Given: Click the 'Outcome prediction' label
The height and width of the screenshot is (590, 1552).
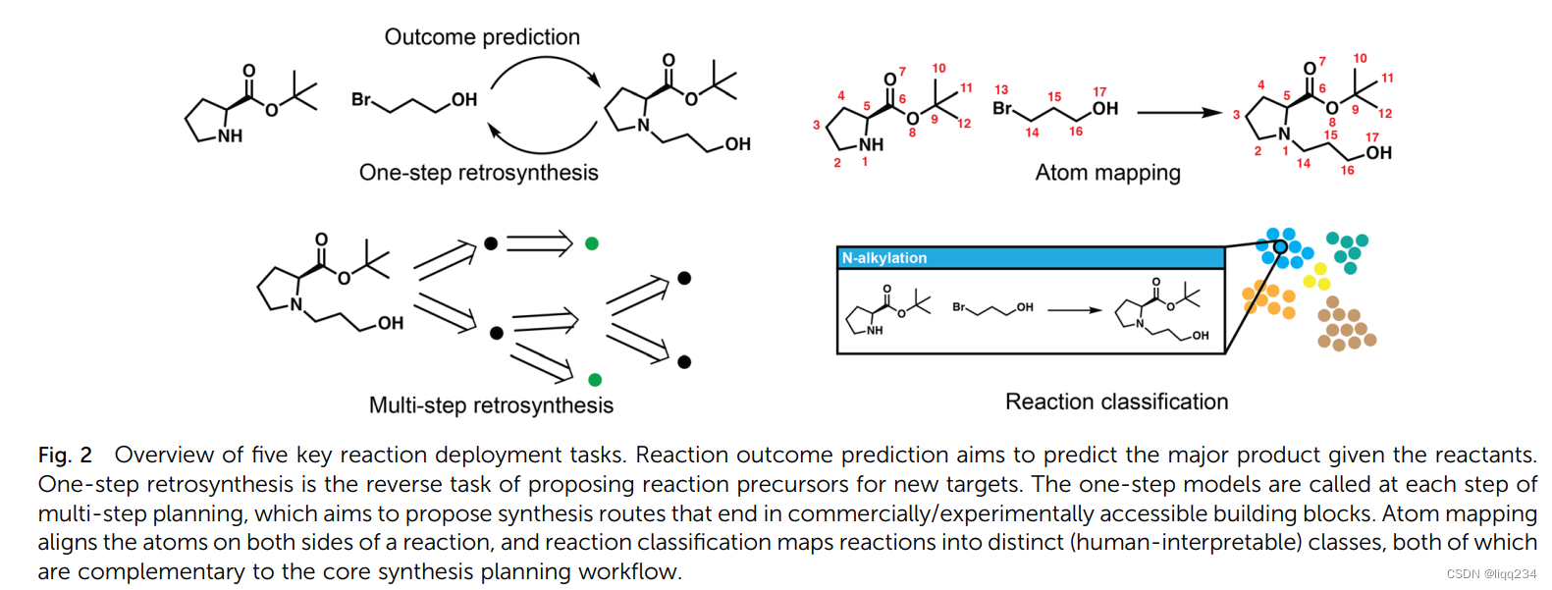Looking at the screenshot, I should coord(482,37).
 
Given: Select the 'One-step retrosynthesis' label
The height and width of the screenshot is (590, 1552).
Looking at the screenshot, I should coord(478,173).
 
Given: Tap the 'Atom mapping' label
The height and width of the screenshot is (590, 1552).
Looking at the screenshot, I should coord(1107,173).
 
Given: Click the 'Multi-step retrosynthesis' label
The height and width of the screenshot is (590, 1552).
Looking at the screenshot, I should coord(491,405).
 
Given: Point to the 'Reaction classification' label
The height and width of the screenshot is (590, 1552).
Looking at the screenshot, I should coord(1116,402).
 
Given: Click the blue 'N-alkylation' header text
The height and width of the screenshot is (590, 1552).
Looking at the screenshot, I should coord(884,258).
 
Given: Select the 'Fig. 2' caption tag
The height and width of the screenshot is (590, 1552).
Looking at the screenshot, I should coord(65,456).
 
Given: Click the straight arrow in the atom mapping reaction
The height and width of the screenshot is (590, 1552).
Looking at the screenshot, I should coord(1179,113).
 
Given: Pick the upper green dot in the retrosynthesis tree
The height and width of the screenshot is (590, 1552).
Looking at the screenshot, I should coord(592,243).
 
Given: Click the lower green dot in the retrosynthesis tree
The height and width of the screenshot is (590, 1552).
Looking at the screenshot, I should coord(595,380).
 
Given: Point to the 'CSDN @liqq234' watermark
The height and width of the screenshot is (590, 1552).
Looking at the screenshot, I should coord(1491,574).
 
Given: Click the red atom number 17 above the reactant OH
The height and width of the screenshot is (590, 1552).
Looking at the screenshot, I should coord(1099,91).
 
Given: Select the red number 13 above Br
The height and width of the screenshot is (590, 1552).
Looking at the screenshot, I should coord(1001,89).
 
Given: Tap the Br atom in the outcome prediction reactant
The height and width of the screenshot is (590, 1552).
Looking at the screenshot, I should coord(361,99).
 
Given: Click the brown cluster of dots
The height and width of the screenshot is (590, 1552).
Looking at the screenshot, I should coord(1345,325).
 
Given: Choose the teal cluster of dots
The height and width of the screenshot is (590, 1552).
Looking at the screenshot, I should coord(1348,250).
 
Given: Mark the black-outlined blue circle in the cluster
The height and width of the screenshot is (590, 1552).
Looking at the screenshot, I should coord(1280,246).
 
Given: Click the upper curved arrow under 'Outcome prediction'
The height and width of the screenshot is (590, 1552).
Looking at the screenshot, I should coord(546,69).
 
